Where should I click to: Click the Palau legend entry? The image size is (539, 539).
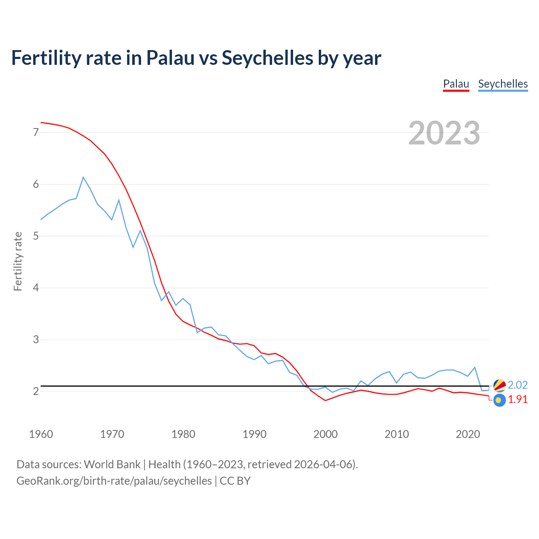click(456, 84)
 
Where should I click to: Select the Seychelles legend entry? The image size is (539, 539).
click(503, 84)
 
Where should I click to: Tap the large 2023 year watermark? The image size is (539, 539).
click(444, 133)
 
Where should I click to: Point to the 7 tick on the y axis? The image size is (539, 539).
click(36, 132)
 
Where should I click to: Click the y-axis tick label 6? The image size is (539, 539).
click(36, 184)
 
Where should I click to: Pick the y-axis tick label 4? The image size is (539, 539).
click(36, 288)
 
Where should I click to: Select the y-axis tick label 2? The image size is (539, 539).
click(36, 391)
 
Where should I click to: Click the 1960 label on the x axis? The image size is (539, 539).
click(41, 434)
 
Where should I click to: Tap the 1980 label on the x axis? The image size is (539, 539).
click(183, 434)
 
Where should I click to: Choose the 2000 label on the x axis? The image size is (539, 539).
click(326, 434)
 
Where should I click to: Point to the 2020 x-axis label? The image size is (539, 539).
click(468, 434)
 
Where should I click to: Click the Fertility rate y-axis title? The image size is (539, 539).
click(18, 261)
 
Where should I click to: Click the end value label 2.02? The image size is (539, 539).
click(518, 385)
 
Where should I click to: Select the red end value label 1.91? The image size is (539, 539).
click(518, 400)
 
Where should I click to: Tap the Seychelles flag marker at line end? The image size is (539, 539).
click(499, 385)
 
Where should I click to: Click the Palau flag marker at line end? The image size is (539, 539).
click(499, 400)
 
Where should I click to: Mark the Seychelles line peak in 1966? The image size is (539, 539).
click(83, 177)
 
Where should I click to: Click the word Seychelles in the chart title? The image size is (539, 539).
click(267, 58)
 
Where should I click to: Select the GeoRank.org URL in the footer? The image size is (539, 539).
click(114, 481)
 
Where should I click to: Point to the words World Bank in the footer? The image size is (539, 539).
click(112, 464)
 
